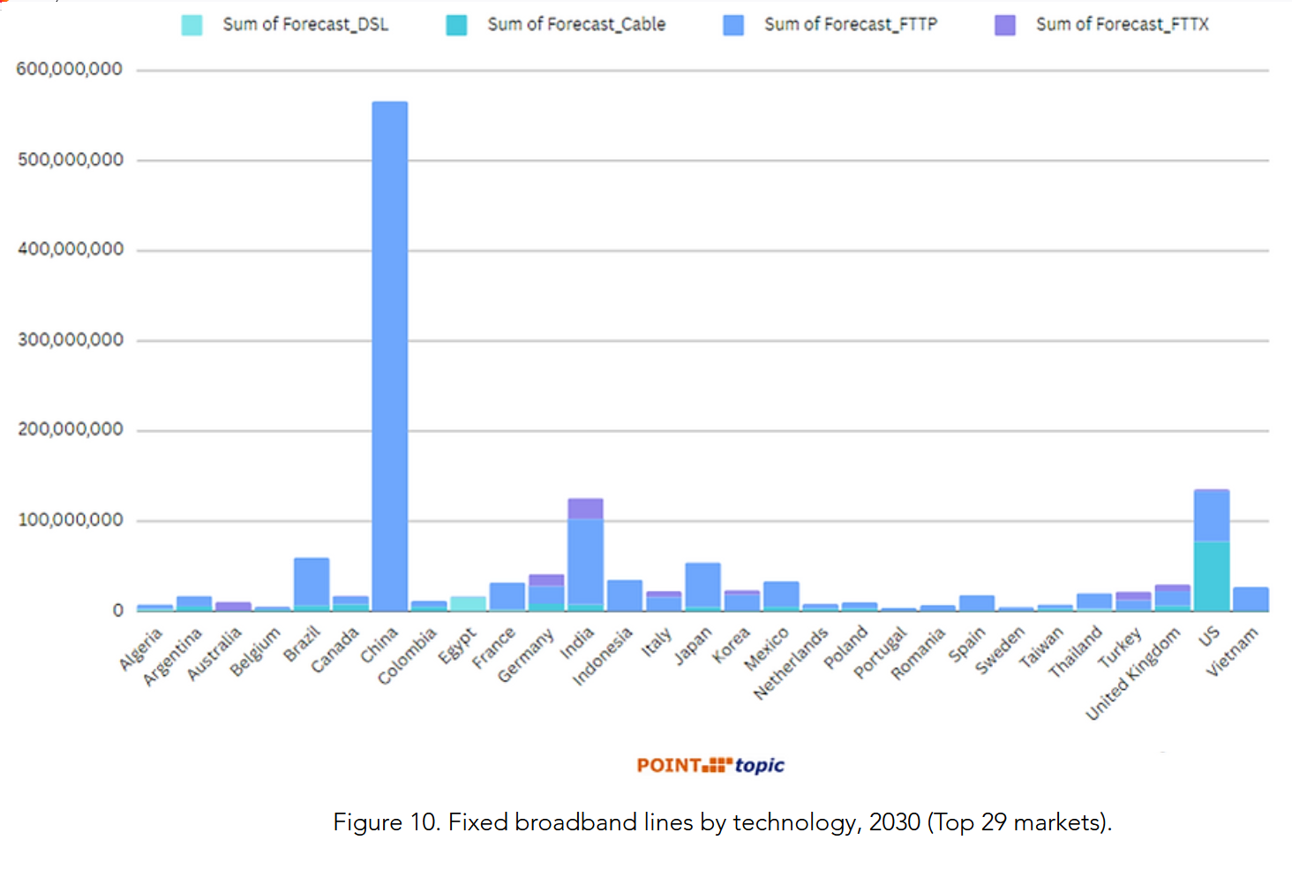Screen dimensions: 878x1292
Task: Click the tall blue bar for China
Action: (x=389, y=353)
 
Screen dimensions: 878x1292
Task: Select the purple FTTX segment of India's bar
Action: (x=585, y=509)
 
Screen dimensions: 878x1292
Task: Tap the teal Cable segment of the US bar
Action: (x=1211, y=575)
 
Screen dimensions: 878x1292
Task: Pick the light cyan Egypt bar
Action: (x=468, y=603)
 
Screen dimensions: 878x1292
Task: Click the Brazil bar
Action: (x=312, y=583)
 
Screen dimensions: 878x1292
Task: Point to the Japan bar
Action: (x=702, y=586)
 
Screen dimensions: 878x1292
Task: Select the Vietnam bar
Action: (x=1250, y=599)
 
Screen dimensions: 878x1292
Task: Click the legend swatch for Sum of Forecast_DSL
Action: (x=192, y=25)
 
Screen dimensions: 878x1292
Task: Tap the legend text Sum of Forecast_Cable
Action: (x=576, y=25)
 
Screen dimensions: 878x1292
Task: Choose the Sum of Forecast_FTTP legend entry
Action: (x=850, y=25)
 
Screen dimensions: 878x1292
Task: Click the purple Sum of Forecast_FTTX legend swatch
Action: (x=1004, y=25)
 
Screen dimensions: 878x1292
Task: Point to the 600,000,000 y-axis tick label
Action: (x=70, y=69)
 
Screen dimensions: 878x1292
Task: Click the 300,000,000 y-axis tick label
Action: (x=71, y=340)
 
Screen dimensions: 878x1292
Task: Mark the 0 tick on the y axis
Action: (x=117, y=610)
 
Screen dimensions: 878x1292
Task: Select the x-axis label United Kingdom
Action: (x=1133, y=673)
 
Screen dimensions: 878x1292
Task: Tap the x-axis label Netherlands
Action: (x=792, y=662)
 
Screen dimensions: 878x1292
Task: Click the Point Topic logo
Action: (x=710, y=765)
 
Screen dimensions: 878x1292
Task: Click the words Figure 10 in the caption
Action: (x=384, y=822)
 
